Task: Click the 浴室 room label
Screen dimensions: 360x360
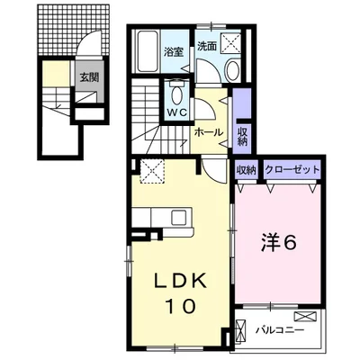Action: [174, 52]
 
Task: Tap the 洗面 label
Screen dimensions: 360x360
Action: [206, 45]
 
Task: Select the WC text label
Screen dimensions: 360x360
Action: [176, 113]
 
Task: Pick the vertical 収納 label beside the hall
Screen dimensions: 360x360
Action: [243, 135]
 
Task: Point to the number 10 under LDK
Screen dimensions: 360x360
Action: [179, 308]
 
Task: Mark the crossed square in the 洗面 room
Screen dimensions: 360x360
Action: [232, 41]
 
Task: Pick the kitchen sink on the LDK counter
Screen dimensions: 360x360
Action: [177, 216]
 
